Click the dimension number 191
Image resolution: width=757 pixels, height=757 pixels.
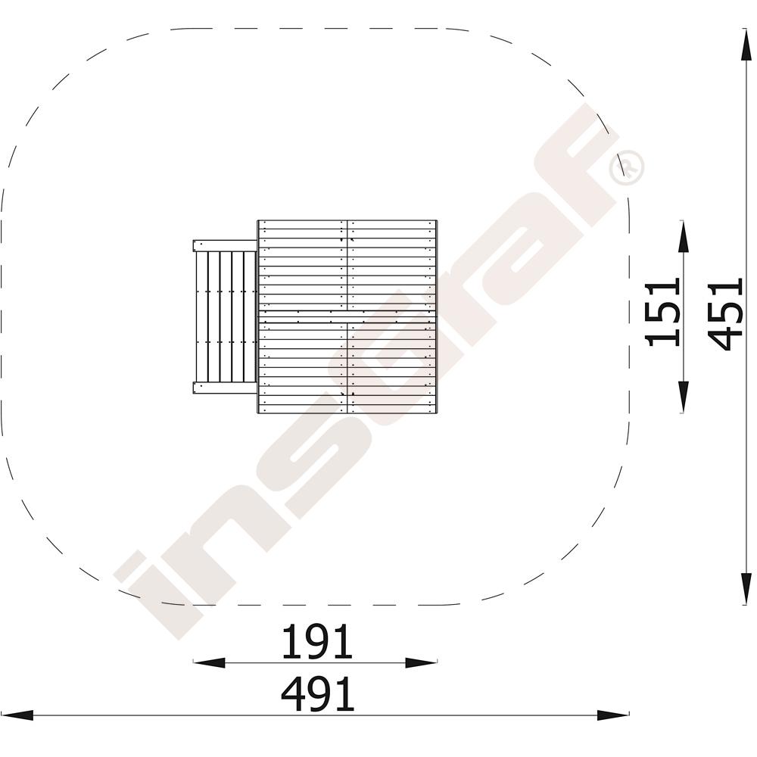[x=316, y=642]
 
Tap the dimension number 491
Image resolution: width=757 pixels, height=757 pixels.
[x=317, y=694]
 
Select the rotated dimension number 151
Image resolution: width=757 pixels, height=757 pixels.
[x=664, y=312]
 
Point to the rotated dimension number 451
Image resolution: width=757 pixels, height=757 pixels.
[x=726, y=314]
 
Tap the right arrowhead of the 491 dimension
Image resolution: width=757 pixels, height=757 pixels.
[x=613, y=715]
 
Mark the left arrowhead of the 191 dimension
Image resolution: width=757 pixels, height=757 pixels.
[x=209, y=663]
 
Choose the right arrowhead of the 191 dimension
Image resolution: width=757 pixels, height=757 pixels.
[x=421, y=663]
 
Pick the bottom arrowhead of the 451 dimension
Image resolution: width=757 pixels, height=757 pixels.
[x=746, y=588]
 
